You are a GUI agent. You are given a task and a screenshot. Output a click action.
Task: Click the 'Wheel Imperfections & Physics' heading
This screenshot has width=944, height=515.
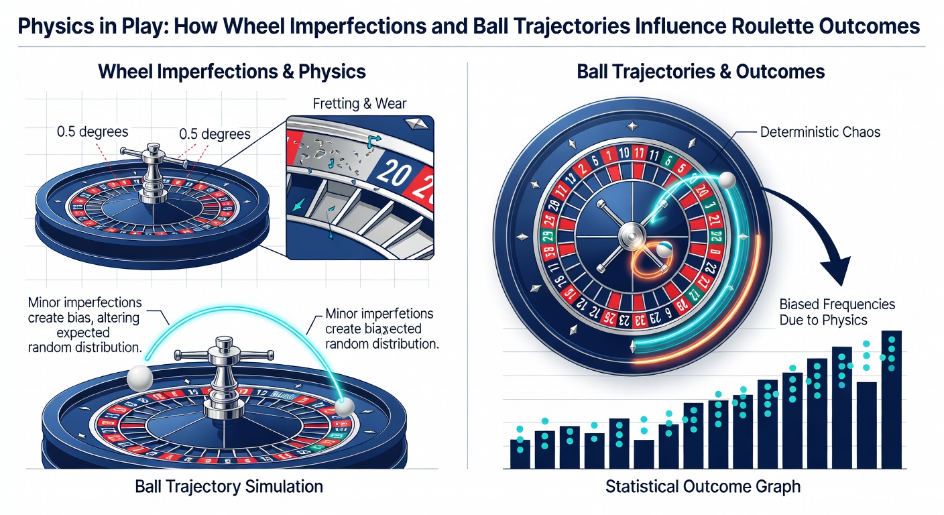pos(232,71)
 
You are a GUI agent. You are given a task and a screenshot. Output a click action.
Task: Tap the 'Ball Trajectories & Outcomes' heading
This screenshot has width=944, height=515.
pos(701,71)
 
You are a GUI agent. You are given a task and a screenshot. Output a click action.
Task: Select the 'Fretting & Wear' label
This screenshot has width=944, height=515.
pos(359,104)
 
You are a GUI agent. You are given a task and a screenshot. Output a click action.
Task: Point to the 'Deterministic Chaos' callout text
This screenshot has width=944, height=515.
pos(820,132)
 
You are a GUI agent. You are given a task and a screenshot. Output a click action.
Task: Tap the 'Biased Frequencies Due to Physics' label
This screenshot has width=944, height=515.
pos(837,312)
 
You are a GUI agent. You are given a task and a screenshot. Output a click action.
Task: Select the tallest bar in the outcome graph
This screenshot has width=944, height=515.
pos(890,399)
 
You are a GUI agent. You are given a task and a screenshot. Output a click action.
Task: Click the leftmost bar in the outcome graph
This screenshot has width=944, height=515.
pos(520,453)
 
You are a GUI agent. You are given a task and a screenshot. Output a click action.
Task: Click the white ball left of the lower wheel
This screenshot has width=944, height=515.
pos(139,378)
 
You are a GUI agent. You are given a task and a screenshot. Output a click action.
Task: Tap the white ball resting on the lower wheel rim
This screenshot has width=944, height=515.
pos(345,406)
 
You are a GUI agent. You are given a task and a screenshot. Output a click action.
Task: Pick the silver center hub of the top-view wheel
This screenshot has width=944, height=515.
pos(631,235)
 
